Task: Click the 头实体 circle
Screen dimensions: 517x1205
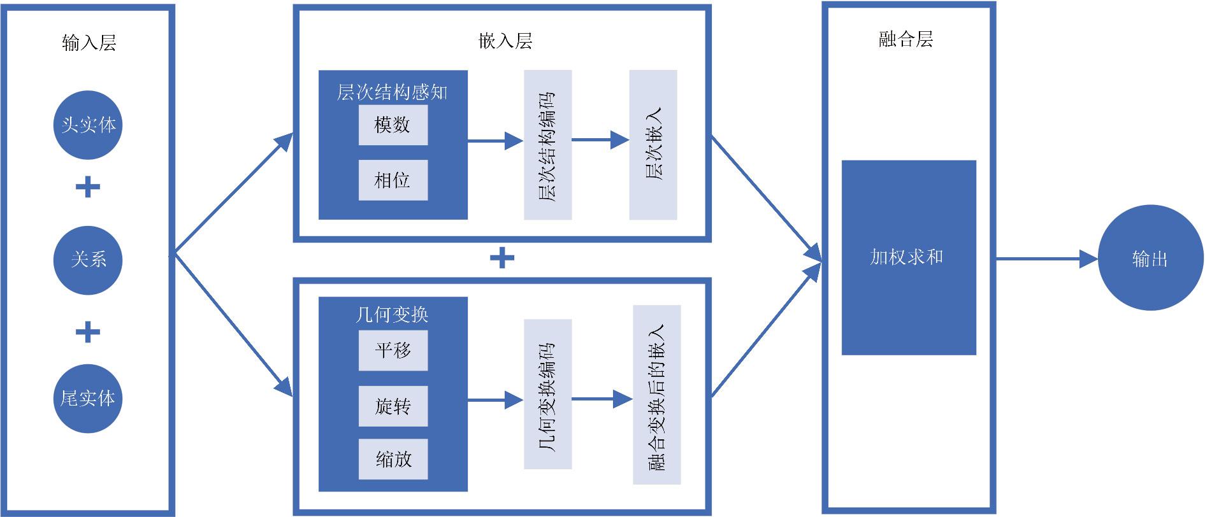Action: (x=88, y=125)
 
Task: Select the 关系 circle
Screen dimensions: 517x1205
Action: (x=88, y=260)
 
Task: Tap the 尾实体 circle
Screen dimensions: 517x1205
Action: (x=88, y=399)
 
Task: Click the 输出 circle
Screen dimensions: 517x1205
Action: (x=1150, y=258)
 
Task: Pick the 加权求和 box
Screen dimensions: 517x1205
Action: (x=909, y=257)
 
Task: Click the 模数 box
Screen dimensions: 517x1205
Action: (x=393, y=125)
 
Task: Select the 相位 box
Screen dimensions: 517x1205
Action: (x=393, y=180)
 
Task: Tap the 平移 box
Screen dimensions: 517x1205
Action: (x=393, y=350)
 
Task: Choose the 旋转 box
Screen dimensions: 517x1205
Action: (x=393, y=406)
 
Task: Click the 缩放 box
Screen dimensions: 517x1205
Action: (x=393, y=459)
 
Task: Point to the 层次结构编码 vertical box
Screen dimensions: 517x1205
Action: (x=547, y=145)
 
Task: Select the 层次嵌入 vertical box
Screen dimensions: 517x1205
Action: (x=653, y=145)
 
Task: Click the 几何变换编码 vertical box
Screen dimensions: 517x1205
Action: (x=547, y=394)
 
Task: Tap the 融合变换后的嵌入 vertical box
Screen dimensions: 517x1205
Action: (x=656, y=395)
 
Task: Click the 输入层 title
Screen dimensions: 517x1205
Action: (x=89, y=43)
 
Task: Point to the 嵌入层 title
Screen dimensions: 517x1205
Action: (x=505, y=41)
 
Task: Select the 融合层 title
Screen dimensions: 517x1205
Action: (x=906, y=39)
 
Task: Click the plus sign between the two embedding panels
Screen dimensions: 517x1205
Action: (x=502, y=258)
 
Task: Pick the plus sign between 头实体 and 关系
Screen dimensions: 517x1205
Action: (x=88, y=187)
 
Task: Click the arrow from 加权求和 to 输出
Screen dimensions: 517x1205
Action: (x=1045, y=259)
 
